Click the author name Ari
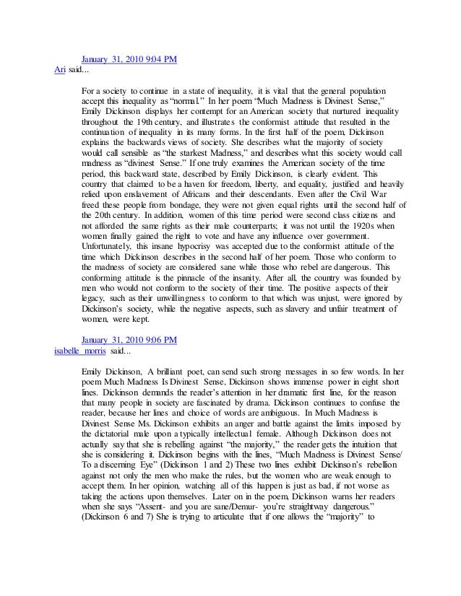coord(61,69)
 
